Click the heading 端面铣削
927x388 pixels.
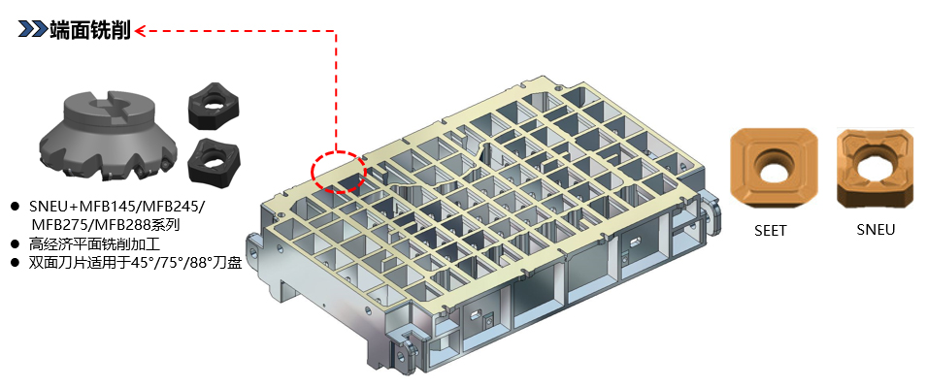[90, 29]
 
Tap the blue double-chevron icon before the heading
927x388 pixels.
[32, 29]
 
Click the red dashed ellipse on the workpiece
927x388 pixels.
[339, 171]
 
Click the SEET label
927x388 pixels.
[771, 231]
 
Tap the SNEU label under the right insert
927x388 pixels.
[876, 230]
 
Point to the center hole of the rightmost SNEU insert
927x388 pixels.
[876, 168]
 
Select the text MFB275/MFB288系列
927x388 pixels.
[105, 225]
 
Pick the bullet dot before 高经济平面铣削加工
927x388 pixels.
[16, 243]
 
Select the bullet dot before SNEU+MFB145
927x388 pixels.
[16, 207]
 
